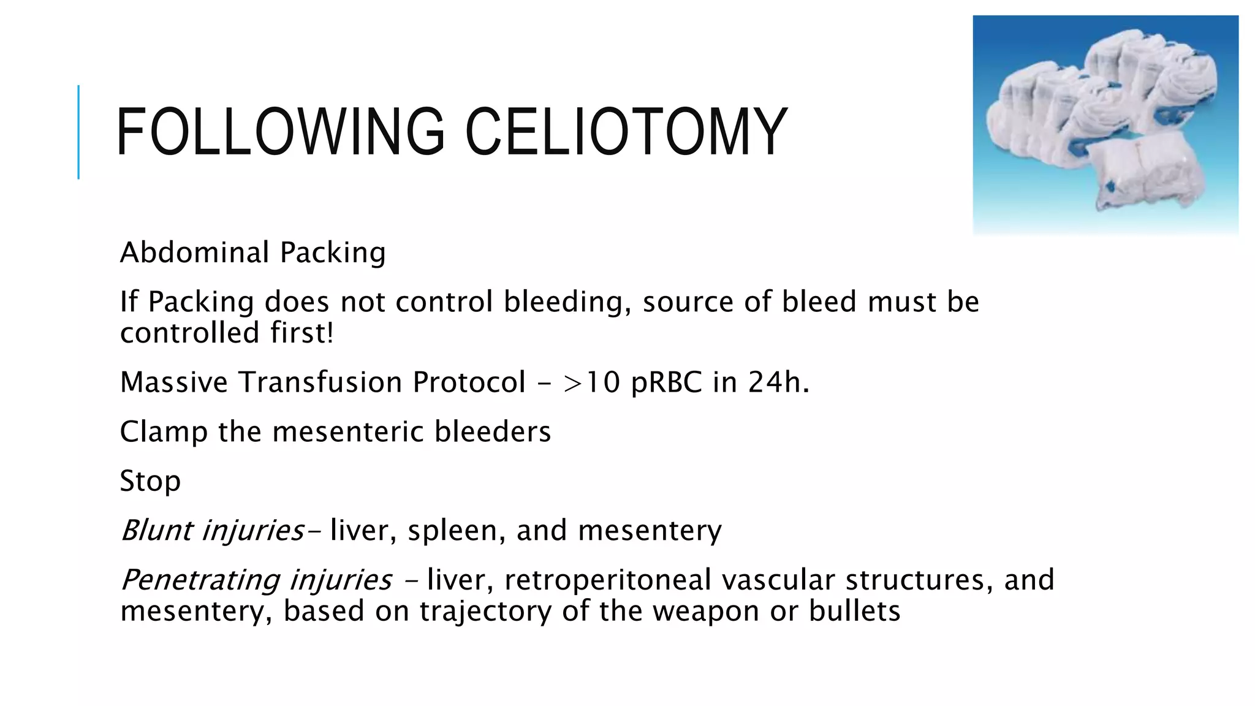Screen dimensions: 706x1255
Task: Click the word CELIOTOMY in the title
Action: click(626, 132)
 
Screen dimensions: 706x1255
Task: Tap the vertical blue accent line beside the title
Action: click(78, 132)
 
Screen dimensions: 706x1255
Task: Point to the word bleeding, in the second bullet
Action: click(567, 302)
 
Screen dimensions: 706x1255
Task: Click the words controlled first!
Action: click(227, 333)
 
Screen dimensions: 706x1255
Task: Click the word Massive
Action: click(174, 382)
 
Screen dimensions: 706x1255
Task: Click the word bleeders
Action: click(493, 431)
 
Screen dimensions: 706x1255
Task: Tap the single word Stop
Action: click(150, 481)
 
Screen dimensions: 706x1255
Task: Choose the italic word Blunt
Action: click(156, 530)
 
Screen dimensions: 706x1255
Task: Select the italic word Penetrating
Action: click(200, 580)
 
